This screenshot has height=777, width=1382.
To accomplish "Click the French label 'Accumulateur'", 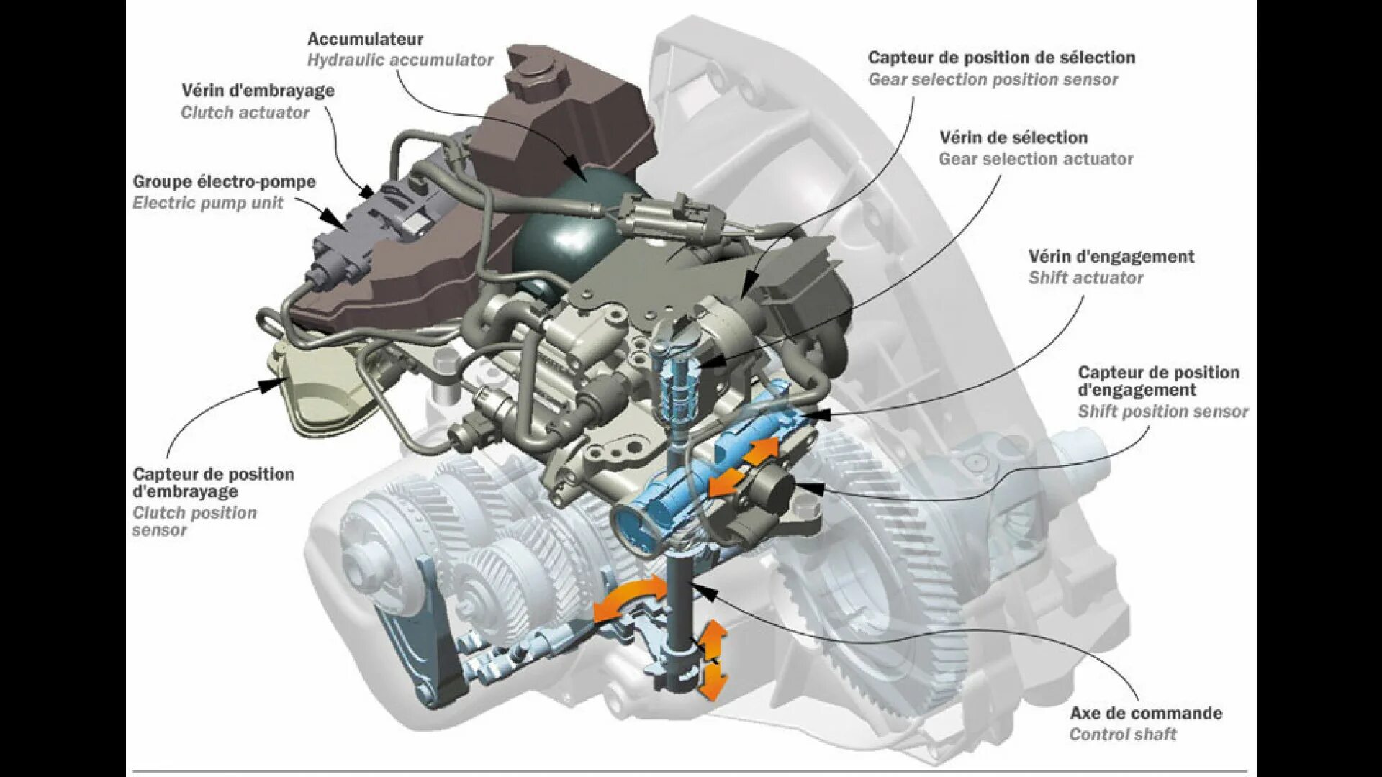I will (365, 40).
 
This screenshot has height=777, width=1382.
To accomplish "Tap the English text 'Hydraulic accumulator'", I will (400, 60).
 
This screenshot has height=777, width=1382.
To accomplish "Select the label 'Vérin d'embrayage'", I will (258, 91).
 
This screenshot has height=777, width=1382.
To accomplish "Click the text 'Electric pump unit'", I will (208, 203).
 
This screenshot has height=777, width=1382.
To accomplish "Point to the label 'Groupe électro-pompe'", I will (225, 182).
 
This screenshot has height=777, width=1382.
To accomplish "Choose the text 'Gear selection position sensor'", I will (993, 80).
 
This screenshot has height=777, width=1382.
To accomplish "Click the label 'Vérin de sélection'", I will (1013, 137).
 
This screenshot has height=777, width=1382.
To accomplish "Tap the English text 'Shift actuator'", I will (1085, 278).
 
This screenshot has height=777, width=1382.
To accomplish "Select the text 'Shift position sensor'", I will (1162, 412).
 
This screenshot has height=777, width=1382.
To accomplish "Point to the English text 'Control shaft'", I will (1122, 735).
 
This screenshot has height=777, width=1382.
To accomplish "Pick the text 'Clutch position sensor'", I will (194, 521).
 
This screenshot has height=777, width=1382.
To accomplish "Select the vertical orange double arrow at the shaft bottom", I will (713, 658).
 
